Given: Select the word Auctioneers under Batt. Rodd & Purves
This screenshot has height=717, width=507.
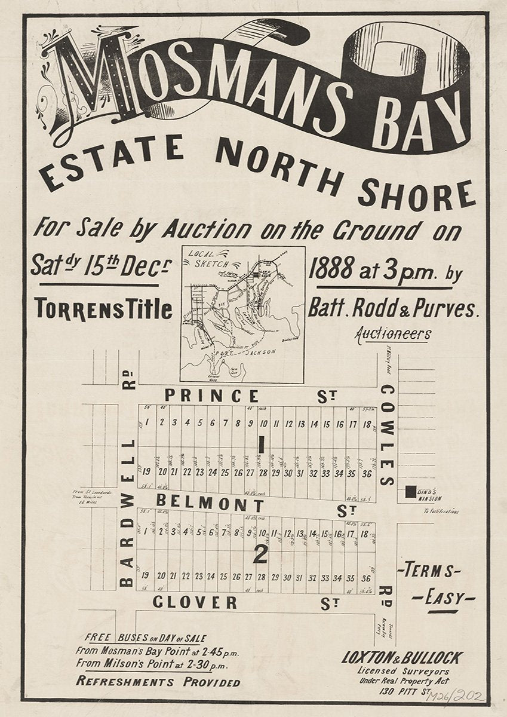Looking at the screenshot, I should pyautogui.click(x=392, y=333).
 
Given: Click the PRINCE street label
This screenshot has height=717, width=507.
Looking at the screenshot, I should pyautogui.click(x=212, y=396).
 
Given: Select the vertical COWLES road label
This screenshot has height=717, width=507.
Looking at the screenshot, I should pyautogui.click(x=387, y=436).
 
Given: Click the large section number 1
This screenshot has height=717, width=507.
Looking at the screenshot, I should pyautogui.click(x=260, y=443).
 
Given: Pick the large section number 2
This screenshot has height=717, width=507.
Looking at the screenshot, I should pyautogui.click(x=259, y=555).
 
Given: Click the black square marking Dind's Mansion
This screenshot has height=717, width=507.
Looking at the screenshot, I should pyautogui.click(x=410, y=492).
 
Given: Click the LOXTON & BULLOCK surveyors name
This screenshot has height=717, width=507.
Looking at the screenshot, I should pyautogui.click(x=401, y=658).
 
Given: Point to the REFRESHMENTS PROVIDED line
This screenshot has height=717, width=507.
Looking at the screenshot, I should pyautogui.click(x=158, y=682).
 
